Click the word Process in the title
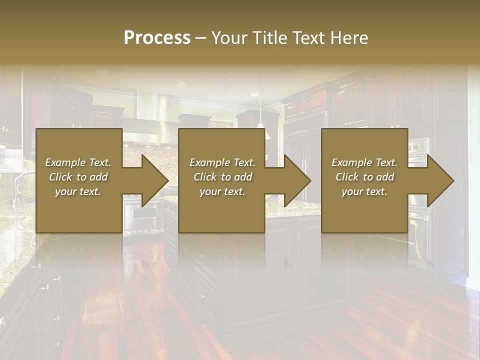point(157,38)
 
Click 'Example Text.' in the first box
point(78,162)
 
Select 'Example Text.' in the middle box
point(222,162)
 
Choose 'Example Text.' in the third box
point(364,162)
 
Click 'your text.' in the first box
point(78,191)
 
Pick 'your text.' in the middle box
point(222,191)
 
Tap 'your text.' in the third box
point(364,191)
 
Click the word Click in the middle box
point(205,177)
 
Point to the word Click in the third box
point(347,177)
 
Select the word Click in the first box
point(61,177)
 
